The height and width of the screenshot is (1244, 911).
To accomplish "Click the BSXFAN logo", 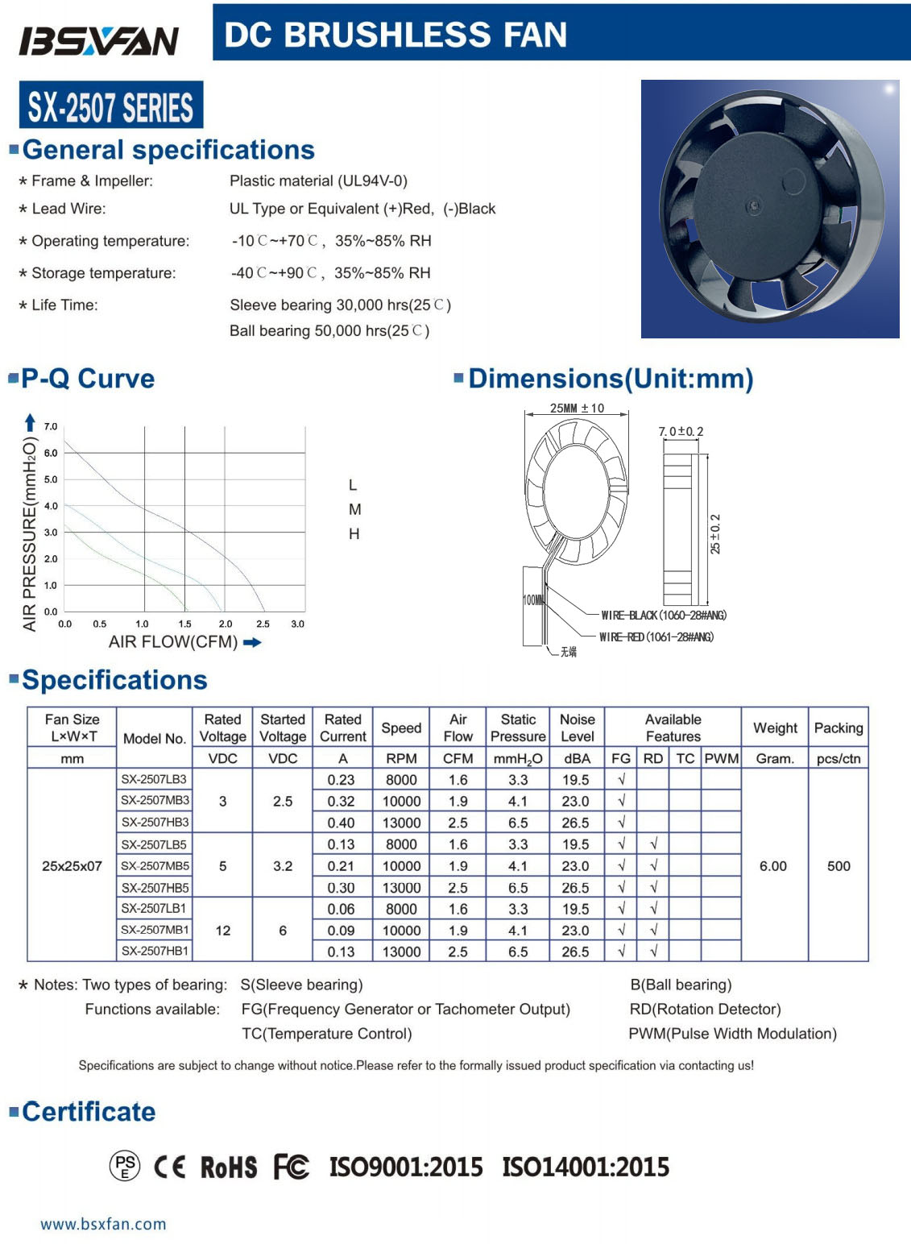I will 98,41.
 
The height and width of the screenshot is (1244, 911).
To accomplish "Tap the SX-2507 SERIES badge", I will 111,106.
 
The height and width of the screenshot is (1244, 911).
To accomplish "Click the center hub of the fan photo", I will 754,207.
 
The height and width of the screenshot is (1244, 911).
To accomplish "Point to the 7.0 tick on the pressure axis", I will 50,426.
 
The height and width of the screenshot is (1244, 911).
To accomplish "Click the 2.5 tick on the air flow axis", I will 263,624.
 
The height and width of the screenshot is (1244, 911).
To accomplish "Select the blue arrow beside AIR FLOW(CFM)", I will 252,642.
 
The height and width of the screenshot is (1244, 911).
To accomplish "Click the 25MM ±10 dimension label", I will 577,408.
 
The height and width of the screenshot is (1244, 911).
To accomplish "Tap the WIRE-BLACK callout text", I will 664,616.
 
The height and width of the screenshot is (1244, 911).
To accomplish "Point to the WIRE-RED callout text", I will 656,637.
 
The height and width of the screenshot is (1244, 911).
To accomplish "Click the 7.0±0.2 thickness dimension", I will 681,432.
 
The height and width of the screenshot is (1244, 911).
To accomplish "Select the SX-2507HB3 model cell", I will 155,823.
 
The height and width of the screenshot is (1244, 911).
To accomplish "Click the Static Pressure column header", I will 518,728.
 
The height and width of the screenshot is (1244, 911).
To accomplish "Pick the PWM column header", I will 721,758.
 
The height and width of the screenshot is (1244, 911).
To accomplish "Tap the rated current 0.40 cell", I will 342,823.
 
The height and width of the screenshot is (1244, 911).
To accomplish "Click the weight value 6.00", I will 773,866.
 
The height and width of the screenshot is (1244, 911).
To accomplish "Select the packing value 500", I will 839,866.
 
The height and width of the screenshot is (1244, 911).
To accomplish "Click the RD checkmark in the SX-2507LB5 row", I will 653,844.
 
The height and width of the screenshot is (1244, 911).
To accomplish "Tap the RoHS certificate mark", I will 229,1167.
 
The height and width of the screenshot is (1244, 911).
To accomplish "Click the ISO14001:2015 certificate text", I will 586,1167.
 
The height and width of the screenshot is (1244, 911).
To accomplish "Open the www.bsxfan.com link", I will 103,1224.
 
